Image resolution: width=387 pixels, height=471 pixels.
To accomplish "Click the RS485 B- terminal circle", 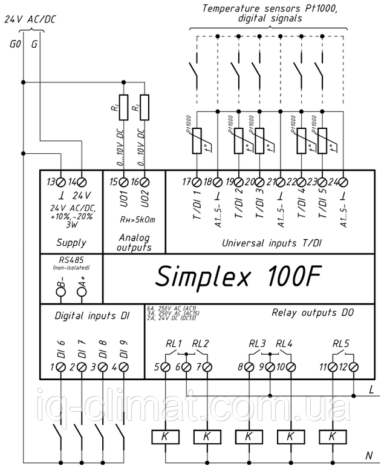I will [x=61, y=292].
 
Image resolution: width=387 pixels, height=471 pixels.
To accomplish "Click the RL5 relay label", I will [x=341, y=344].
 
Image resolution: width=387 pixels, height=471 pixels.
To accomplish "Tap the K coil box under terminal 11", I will [x=331, y=435].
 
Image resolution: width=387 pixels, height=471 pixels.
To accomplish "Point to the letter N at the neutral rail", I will [x=368, y=455].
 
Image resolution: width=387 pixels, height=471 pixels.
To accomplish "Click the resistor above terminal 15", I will [x=123, y=107].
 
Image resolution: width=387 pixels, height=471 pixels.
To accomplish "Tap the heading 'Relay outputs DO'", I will [x=312, y=312].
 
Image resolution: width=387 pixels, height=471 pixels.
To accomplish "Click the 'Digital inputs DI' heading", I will [x=92, y=316].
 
